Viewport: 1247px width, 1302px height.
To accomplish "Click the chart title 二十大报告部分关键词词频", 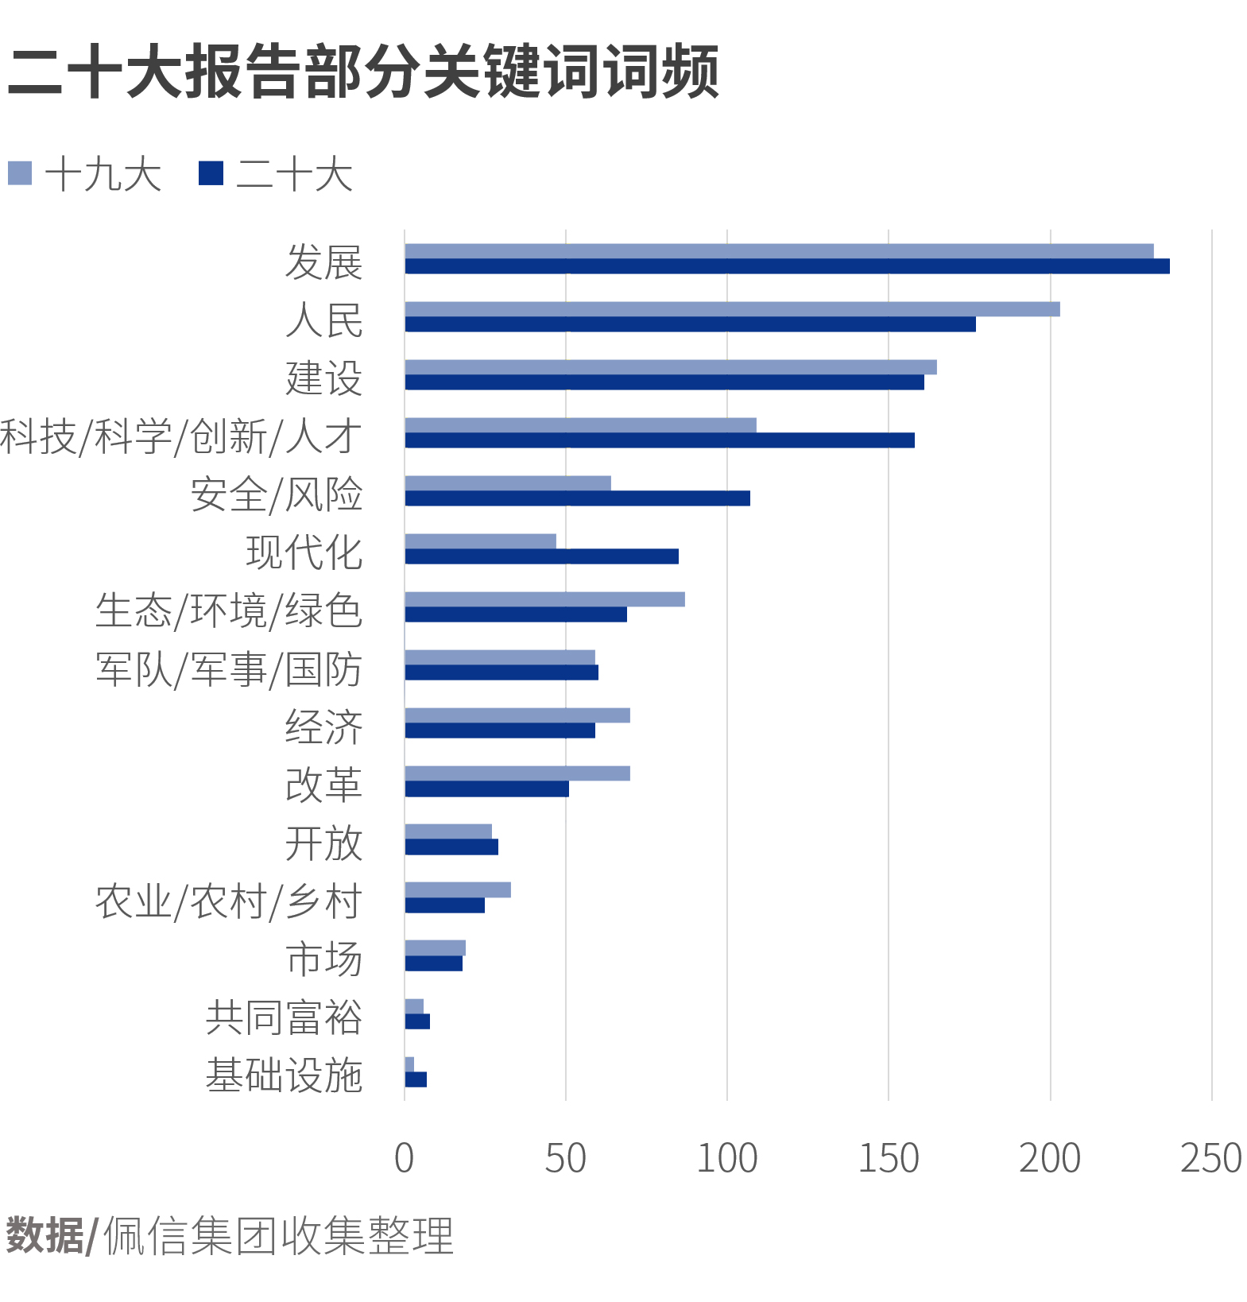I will pos(362,72).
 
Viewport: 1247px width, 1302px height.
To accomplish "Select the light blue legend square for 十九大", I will pos(20,173).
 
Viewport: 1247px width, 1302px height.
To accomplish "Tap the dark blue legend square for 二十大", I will pos(211,173).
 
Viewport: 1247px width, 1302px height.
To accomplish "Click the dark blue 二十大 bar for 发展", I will pos(787,266).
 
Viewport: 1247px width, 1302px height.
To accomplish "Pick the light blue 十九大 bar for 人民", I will pos(731,309).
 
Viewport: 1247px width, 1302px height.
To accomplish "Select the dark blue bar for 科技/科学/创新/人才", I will pos(660,440).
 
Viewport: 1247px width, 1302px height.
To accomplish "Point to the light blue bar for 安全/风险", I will pos(508,483).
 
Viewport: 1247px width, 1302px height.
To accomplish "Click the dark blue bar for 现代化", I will pos(541,556).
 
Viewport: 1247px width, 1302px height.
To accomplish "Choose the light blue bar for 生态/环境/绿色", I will pos(544,599).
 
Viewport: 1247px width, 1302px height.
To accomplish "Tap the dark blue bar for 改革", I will pos(486,789).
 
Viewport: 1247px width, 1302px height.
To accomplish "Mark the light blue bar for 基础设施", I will pos(409,1064).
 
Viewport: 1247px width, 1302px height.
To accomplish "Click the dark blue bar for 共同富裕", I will pos(417,1021).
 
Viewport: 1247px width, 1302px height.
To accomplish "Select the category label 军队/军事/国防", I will pos(229,669).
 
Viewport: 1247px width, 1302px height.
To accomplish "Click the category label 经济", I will pos(323,727).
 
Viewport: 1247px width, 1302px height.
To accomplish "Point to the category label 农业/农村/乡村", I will pos(229,901).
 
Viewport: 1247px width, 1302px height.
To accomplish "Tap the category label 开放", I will pos(323,843).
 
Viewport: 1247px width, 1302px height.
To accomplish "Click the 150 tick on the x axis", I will pos(888,1159).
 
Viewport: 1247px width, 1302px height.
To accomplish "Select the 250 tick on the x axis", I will pos(1210,1159).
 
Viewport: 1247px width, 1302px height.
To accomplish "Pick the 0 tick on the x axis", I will pos(404,1159).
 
